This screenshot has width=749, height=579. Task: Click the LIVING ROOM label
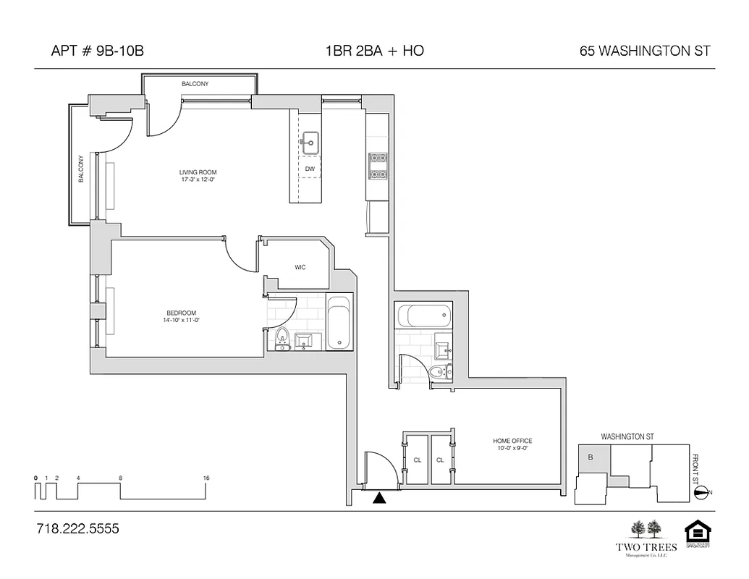coord(198,172)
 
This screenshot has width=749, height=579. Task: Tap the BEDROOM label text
coord(181,313)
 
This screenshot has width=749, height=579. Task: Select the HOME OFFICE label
coord(513,441)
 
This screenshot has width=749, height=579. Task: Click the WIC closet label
coord(300,267)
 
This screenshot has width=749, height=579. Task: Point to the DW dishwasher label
coord(310,169)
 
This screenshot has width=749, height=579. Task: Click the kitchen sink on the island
coord(311,143)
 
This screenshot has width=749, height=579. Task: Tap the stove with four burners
coord(378,166)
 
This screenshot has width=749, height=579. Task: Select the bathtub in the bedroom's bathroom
coord(338,323)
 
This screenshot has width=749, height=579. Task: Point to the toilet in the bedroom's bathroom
coord(282,338)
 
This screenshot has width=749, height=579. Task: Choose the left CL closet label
coord(418,460)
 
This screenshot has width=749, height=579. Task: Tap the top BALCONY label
coord(195,84)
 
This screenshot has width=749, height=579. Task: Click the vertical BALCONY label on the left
coord(81,169)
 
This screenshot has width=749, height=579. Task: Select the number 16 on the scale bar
coord(207,478)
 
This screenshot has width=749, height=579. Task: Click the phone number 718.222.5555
coord(77,529)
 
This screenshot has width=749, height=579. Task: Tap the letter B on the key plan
coord(590,457)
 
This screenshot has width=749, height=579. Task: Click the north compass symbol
coord(701,493)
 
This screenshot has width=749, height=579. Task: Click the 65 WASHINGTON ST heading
coord(644,51)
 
